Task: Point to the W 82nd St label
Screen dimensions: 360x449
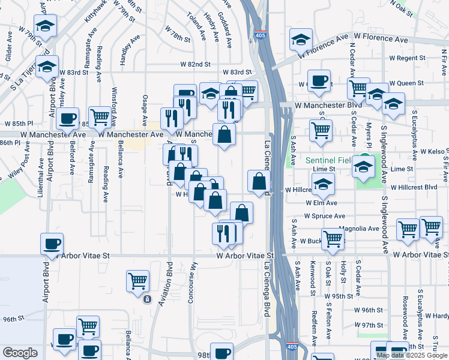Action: click(195, 64)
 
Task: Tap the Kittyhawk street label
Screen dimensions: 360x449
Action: click(90, 12)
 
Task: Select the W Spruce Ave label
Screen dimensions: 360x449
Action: click(324, 216)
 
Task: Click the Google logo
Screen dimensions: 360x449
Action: click(20, 353)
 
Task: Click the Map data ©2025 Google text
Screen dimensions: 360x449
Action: click(412, 355)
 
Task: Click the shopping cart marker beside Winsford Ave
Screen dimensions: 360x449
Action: click(99, 117)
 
